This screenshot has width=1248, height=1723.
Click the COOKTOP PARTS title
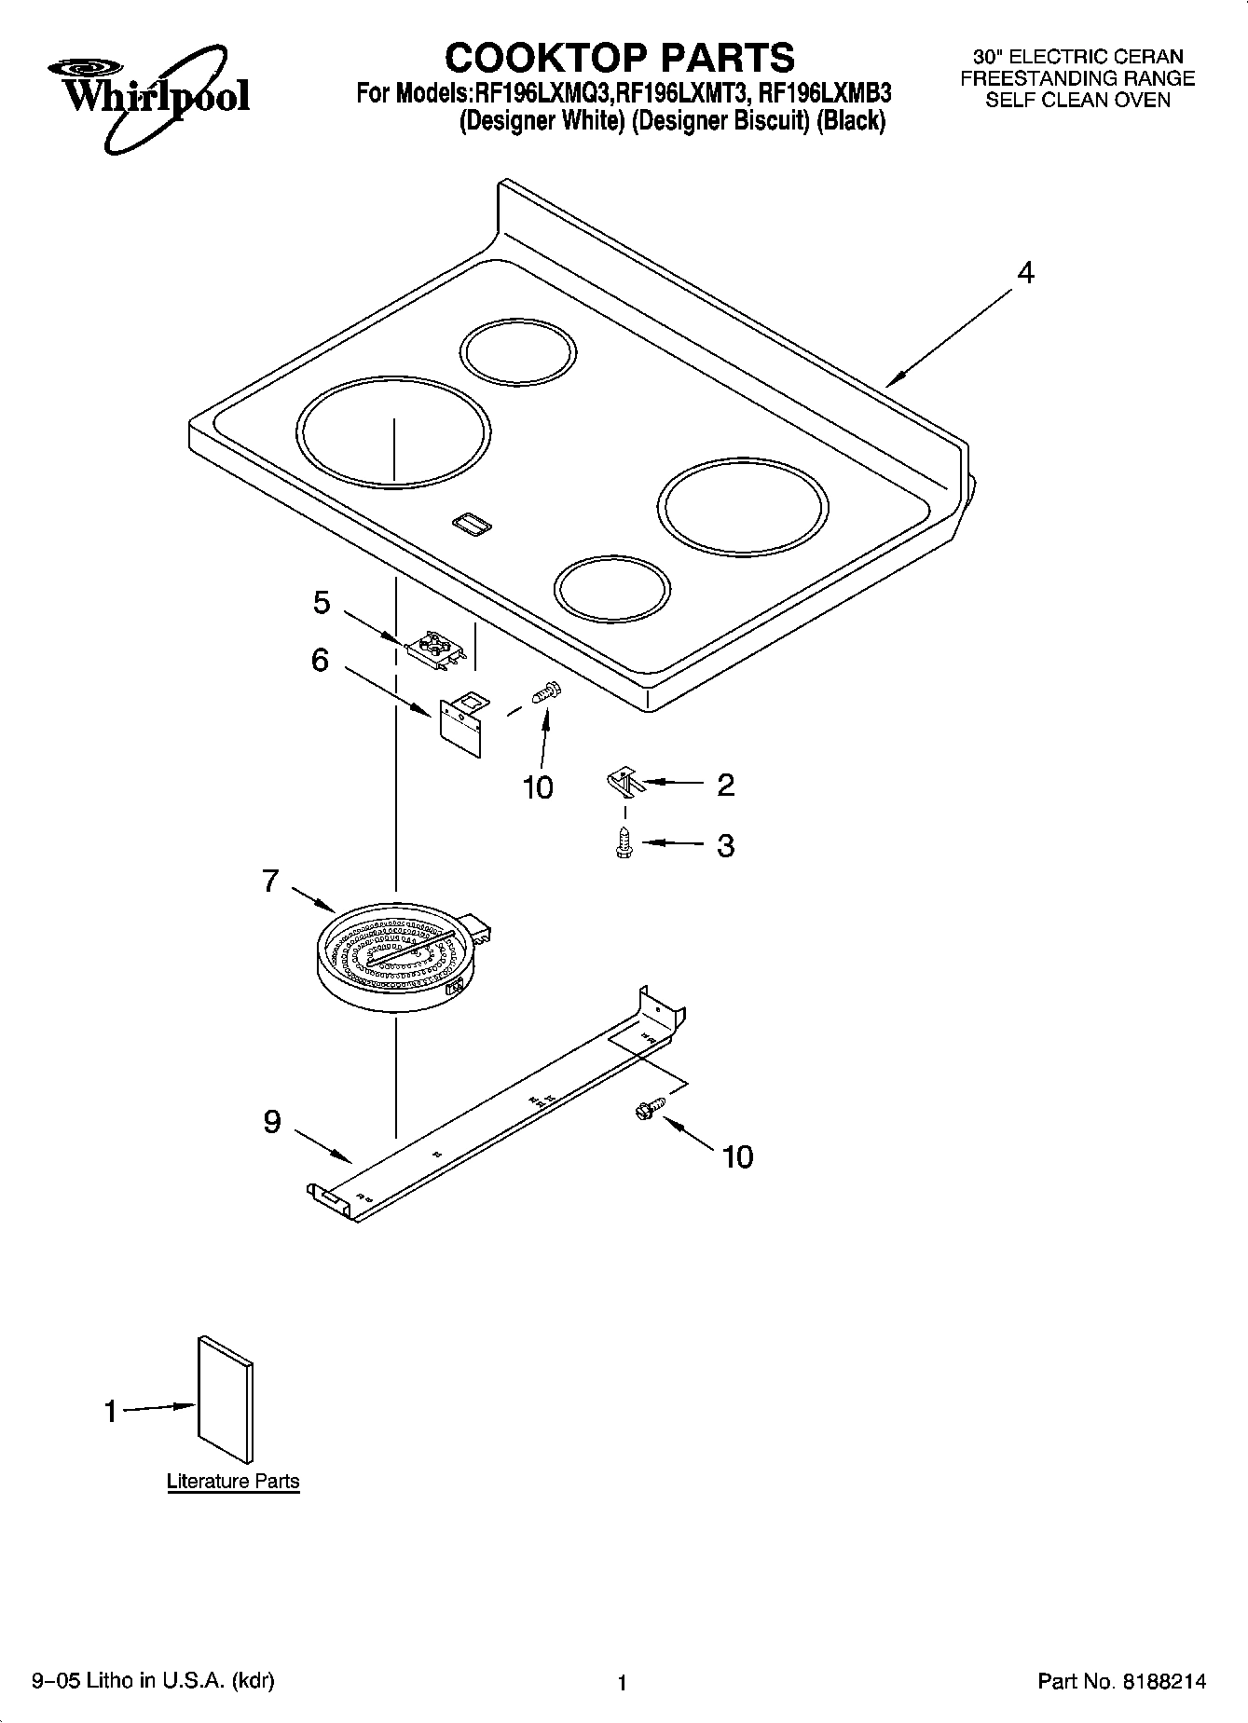click(x=620, y=57)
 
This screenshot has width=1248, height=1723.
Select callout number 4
click(x=1025, y=273)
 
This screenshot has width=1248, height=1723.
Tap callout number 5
click(x=321, y=603)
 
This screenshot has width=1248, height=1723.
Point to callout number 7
click(x=270, y=880)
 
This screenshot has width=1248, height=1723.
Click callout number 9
click(x=271, y=1121)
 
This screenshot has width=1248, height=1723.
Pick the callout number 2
click(x=725, y=785)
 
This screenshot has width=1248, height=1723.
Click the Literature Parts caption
click(x=233, y=1481)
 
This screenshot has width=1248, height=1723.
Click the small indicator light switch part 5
click(x=434, y=648)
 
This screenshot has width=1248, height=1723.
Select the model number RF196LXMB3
click(x=825, y=93)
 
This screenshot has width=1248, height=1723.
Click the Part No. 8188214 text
click(x=1121, y=1681)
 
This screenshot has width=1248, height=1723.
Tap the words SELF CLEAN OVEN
click(x=1077, y=101)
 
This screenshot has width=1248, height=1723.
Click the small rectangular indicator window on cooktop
click(x=473, y=525)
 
